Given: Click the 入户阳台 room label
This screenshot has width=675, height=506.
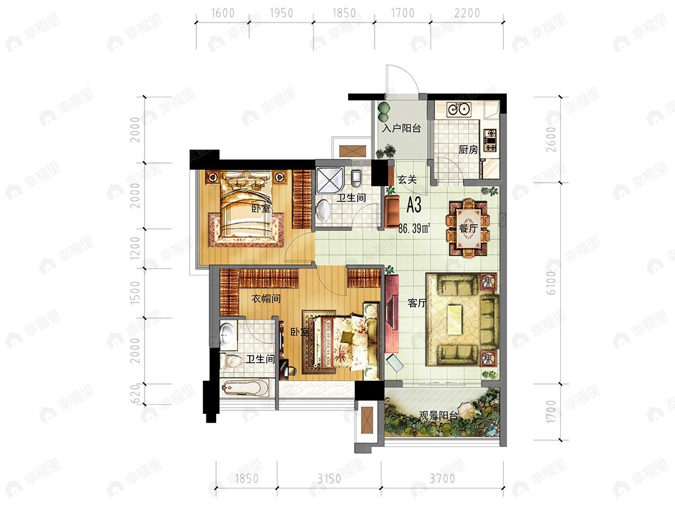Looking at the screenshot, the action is (x=401, y=128).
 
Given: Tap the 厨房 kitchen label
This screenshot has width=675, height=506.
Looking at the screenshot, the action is (x=469, y=150).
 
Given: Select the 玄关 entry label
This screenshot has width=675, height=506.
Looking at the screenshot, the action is (x=407, y=180).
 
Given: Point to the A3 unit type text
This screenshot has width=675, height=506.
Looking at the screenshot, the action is (x=413, y=205).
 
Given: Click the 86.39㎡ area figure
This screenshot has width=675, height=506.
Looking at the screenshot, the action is (x=414, y=228).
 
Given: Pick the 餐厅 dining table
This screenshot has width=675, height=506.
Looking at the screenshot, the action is (x=468, y=228).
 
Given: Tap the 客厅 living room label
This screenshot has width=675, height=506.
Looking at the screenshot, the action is (x=417, y=303).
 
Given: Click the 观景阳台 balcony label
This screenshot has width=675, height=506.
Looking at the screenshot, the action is (x=439, y=416).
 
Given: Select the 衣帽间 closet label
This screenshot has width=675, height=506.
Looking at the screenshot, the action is (x=266, y=299).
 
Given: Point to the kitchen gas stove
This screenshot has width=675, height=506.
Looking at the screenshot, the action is (x=490, y=141).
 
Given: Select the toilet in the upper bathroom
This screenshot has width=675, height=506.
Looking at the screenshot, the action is (x=357, y=179).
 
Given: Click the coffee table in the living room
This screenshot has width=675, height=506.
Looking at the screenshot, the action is (x=456, y=319).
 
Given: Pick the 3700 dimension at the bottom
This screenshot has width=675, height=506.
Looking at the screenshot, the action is (x=442, y=478).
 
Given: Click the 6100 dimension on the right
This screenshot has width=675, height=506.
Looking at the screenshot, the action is (x=551, y=283).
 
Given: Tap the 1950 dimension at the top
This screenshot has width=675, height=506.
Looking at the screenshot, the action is (x=281, y=13).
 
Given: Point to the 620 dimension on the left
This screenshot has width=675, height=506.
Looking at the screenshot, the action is (x=136, y=394).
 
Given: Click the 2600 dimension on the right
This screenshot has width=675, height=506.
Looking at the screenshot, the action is (x=551, y=139).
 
